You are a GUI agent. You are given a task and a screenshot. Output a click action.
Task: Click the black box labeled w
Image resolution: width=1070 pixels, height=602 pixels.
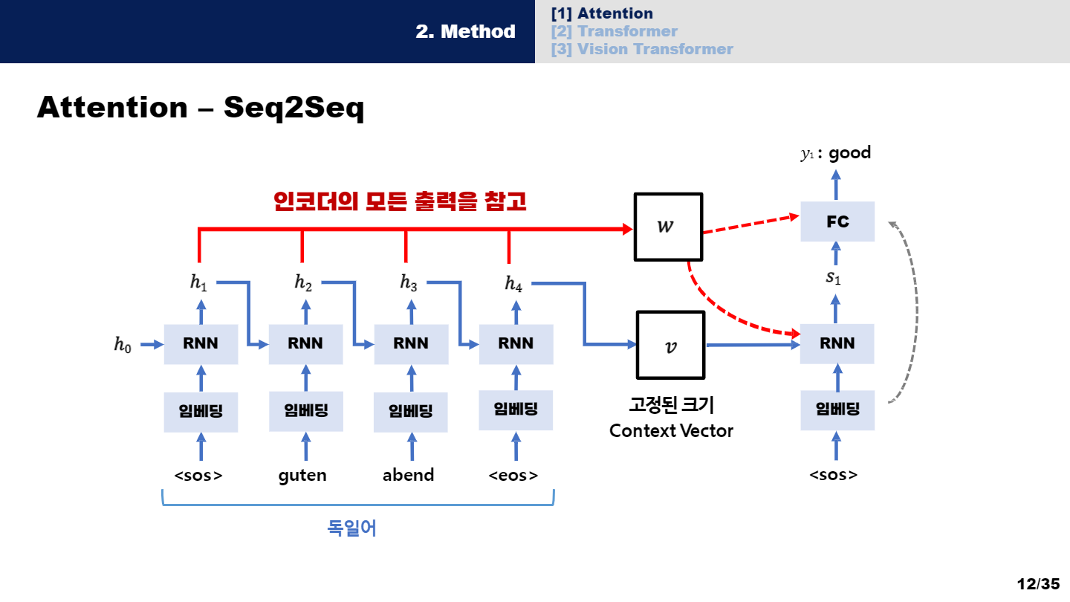tap(667, 227)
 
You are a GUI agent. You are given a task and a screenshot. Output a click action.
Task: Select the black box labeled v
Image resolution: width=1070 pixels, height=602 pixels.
tap(670, 345)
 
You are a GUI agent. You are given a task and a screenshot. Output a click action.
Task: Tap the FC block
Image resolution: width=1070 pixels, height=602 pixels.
tap(837, 221)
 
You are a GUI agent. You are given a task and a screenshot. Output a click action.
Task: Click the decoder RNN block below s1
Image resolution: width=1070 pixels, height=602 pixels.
tap(837, 343)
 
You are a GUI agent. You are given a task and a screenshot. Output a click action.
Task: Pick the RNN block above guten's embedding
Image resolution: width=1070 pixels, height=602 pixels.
tap(305, 343)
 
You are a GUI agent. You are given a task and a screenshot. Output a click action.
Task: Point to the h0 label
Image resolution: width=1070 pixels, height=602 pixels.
tap(123, 345)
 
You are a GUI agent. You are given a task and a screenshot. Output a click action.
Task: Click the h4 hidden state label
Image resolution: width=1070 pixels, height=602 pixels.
tap(513, 283)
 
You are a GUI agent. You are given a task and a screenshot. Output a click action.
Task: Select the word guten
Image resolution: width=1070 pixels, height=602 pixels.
tap(302, 475)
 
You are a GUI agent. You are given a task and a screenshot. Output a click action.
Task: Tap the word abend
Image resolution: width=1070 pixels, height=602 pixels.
tap(408, 475)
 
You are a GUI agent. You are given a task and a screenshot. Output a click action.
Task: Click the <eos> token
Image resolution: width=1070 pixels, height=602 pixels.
tap(513, 475)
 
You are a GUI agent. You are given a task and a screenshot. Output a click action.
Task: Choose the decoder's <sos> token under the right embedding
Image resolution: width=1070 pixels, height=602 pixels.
tap(833, 475)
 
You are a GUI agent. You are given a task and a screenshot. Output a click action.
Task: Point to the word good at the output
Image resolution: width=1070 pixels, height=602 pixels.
tap(849, 153)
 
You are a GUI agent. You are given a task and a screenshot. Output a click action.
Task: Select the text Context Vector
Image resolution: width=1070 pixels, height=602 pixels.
tap(671, 431)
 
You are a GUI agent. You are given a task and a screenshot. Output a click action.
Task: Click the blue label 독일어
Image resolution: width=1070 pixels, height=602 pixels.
tap(352, 528)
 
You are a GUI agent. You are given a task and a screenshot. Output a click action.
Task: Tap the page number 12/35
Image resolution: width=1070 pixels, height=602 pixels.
tap(1038, 583)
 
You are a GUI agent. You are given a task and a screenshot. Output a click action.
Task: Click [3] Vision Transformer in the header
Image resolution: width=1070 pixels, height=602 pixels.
tap(642, 49)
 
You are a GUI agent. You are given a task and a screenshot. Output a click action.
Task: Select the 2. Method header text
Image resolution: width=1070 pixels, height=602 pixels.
tap(465, 31)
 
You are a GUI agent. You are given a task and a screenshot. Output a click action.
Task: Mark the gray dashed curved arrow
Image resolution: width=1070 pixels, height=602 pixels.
tap(909, 312)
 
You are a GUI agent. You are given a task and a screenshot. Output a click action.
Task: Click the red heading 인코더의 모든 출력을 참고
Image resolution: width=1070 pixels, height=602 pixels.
tap(400, 201)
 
